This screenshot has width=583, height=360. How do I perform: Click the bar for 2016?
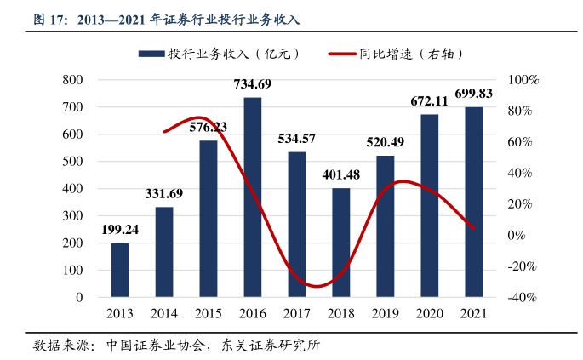click(x=253, y=197)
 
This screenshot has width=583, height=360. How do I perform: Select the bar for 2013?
click(x=120, y=270)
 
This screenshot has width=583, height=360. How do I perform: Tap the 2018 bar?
click(x=340, y=243)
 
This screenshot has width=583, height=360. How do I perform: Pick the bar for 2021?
click(x=473, y=202)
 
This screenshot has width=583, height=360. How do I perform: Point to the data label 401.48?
click(x=341, y=175)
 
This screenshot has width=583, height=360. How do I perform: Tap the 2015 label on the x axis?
click(x=209, y=313)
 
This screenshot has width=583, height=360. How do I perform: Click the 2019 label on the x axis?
click(x=385, y=313)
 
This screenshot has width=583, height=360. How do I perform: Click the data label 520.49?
click(x=386, y=142)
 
